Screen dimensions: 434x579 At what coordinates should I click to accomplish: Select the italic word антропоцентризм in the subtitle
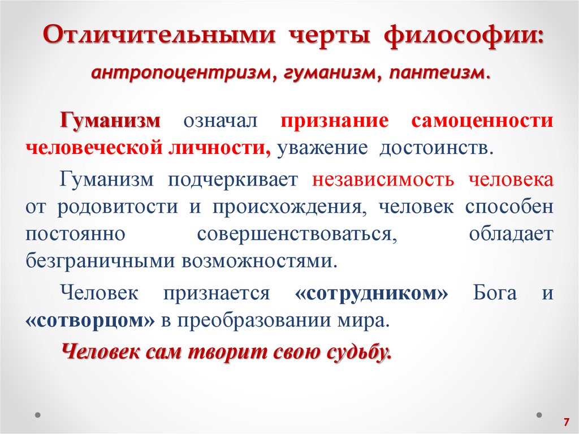tap(180, 73)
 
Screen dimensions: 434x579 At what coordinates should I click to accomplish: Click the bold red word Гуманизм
tap(111, 121)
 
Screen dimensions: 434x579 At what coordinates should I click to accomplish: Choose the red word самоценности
tap(483, 121)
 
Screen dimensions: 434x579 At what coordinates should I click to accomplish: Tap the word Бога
tap(495, 293)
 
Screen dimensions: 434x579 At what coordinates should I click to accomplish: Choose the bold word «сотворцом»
tap(90, 320)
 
